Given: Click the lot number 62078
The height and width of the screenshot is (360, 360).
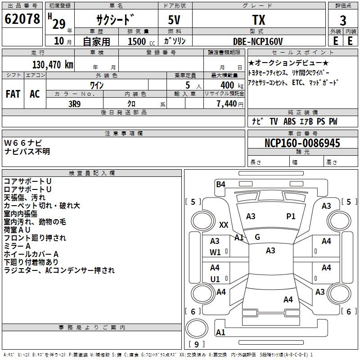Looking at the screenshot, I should point(22,19).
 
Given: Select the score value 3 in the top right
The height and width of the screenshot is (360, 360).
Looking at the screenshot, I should point(343,20).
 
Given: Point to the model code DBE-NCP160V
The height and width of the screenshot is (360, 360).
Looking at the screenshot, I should point(258,41).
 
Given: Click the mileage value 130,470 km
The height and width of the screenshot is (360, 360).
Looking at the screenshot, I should point(53,64).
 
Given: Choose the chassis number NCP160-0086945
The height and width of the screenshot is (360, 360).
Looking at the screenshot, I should point(302,143).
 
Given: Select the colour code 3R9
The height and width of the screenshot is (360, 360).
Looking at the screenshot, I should point(74,104).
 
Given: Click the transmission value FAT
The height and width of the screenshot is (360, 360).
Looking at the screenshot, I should point(13,94).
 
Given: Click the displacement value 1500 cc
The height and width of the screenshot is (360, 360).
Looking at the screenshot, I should point(138,41).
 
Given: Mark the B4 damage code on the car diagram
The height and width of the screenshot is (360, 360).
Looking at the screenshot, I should point(220,184).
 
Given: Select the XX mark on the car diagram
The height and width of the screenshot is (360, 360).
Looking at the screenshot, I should point(224,225).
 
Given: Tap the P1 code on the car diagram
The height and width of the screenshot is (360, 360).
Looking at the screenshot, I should point(291,216).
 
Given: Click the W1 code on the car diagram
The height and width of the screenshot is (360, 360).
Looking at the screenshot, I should point(215,252).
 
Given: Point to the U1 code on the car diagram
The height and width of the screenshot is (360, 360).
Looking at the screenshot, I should point(215,279).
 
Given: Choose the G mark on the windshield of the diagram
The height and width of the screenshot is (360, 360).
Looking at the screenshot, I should point(257,237).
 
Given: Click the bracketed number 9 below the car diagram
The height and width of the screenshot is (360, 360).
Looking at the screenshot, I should point(196,345).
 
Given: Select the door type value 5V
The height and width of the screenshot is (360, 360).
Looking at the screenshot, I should point(175,20).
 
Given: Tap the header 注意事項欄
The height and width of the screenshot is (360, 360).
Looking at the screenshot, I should point(124,134).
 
